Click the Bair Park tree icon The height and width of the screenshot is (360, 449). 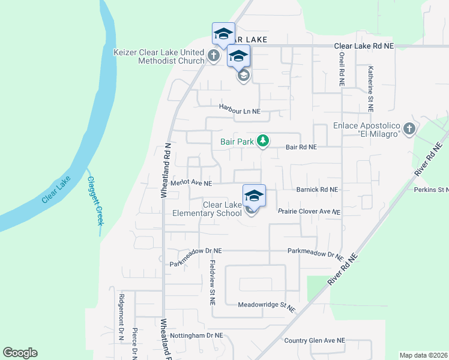[262, 141]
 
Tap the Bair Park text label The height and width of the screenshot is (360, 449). [237, 142]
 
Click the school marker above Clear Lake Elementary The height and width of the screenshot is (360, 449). [254, 196]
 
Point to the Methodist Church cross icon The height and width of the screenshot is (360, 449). [213, 56]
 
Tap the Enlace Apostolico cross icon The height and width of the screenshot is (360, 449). [409, 128]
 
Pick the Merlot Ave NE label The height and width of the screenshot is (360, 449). [191, 183]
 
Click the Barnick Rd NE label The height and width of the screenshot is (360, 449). [317, 189]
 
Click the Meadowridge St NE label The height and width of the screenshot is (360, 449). [267, 305]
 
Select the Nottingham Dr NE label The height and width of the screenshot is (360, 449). [196, 335]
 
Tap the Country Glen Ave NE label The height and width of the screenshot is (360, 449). [315, 340]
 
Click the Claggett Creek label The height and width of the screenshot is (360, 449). [95, 200]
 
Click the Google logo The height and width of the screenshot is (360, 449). [20, 353]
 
